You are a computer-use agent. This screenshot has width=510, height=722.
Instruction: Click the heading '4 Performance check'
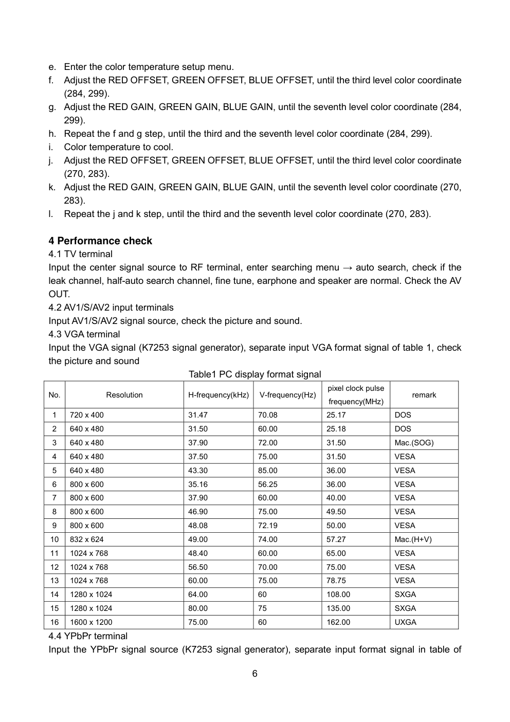[x=100, y=241]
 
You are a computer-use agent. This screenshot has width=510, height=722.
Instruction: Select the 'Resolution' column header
[x=124, y=395]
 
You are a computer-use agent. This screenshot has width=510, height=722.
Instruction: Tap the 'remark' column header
[x=424, y=395]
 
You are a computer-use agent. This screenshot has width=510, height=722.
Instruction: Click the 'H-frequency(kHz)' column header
[x=218, y=395]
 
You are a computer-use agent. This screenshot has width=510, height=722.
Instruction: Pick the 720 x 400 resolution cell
[x=86, y=415]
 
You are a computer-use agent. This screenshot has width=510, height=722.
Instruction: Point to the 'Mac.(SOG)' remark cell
[x=414, y=443]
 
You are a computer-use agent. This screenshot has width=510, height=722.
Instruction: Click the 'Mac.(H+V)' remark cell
[x=413, y=539]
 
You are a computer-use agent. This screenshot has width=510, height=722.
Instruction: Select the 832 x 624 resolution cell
[x=86, y=539]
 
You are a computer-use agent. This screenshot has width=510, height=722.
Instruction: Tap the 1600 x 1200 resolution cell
[x=91, y=622]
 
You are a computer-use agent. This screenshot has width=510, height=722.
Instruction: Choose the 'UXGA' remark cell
[x=405, y=622]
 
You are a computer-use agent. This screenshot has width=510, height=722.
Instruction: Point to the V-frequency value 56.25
[x=267, y=484]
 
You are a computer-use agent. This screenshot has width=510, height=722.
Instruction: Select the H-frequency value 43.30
[x=198, y=470]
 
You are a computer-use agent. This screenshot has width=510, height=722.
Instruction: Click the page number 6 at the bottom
[x=255, y=674]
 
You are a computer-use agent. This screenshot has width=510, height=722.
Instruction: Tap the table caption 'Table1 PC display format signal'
[x=254, y=374]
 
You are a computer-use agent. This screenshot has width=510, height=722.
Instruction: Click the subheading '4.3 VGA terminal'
[x=84, y=334]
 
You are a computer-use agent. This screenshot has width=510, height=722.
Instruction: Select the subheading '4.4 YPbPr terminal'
[x=88, y=636]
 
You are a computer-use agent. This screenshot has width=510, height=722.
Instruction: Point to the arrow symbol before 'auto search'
[x=348, y=267]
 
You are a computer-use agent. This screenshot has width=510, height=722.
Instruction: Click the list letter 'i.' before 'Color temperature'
[x=51, y=147]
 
